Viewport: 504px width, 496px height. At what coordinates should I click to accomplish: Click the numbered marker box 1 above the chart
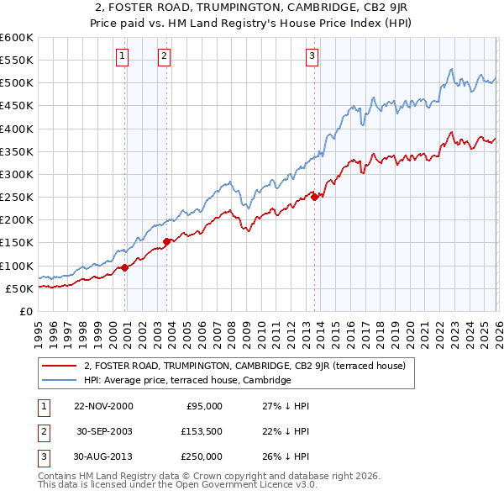pyautogui.click(x=123, y=56)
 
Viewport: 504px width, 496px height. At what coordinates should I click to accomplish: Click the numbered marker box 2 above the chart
pyautogui.click(x=164, y=56)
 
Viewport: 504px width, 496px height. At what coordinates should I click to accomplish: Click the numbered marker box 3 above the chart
pyautogui.click(x=312, y=56)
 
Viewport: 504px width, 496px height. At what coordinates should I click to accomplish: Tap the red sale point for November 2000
pyautogui.click(x=125, y=267)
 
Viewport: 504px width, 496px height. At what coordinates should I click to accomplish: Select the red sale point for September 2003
pyautogui.click(x=167, y=241)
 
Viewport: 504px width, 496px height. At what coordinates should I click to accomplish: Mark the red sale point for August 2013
pyautogui.click(x=314, y=198)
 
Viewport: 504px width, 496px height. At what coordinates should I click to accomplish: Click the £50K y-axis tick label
pyautogui.click(x=19, y=288)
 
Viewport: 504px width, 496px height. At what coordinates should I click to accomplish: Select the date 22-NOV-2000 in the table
pyautogui.click(x=103, y=405)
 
